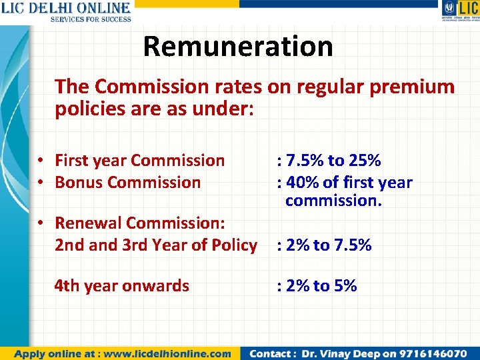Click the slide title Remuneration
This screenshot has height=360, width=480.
237,47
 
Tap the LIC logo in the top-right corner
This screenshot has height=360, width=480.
459,11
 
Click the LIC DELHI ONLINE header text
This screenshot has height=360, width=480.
65,8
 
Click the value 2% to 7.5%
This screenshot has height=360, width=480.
327,245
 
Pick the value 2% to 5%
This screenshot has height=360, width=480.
320,286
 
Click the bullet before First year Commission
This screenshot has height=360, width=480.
41,161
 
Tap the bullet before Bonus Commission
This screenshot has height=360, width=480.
41,182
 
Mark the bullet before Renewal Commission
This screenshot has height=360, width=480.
41,223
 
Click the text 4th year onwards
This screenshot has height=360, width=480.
122,286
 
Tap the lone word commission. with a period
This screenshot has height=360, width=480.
333,201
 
